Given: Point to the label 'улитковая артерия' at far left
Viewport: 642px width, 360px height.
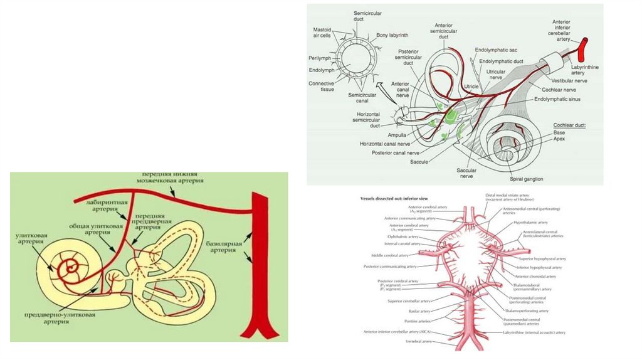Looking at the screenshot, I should click(x=31, y=239).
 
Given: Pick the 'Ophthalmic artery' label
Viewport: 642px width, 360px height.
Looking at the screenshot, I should click(x=404, y=236).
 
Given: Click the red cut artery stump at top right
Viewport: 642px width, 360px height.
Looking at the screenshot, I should click(x=583, y=46).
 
